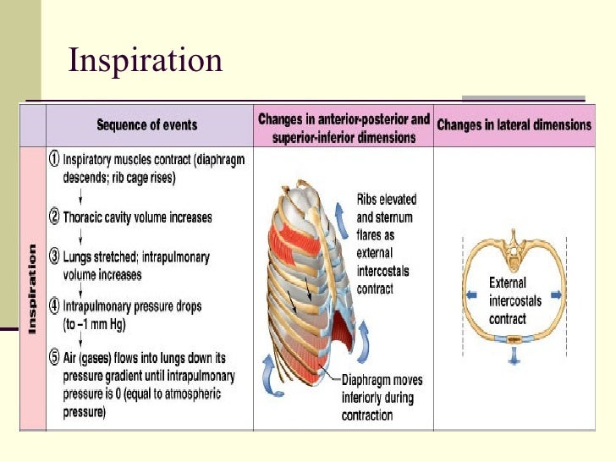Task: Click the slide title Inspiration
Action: (x=145, y=61)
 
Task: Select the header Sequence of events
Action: (x=146, y=125)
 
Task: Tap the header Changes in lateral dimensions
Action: (x=514, y=125)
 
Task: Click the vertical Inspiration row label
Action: (x=33, y=288)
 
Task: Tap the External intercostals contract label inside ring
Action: (x=508, y=300)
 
